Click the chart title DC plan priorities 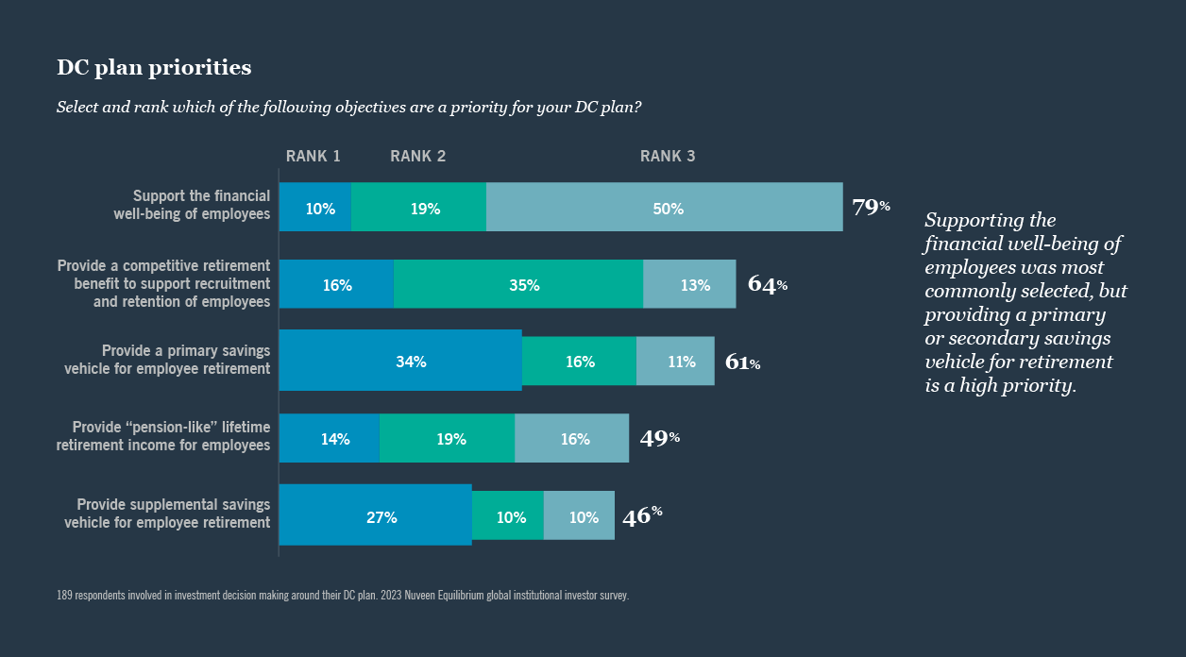tap(154, 68)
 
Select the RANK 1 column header tap(313, 157)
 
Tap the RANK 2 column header tap(417, 157)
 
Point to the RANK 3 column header tap(668, 157)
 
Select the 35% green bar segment tap(518, 284)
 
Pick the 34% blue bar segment tap(400, 361)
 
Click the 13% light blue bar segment tap(689, 284)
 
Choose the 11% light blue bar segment tap(675, 361)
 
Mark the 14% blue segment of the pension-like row tap(330, 438)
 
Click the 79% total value tap(870, 207)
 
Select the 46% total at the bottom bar tap(641, 515)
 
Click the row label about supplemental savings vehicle tap(167, 514)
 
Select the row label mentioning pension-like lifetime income tap(163, 436)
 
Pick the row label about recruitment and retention tap(163, 283)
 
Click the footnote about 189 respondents tap(343, 596)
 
